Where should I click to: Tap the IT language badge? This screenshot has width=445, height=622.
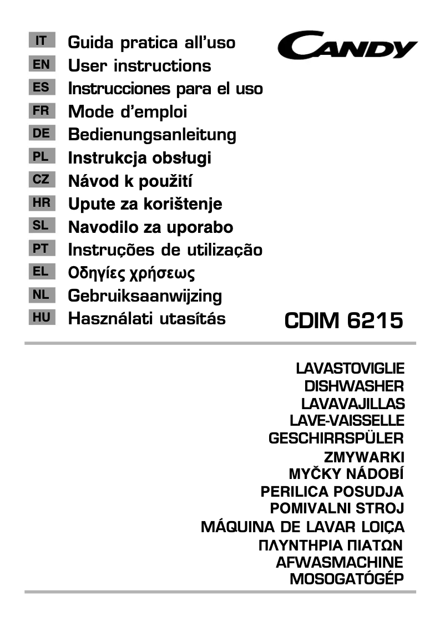pos(41,41)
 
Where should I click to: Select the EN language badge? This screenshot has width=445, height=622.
pos(41,64)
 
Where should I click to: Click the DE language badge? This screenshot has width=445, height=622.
pos(41,134)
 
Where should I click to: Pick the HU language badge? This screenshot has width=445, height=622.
pos(41,318)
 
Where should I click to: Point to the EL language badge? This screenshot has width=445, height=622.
pos(41,272)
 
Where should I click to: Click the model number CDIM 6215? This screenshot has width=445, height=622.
pos(343,320)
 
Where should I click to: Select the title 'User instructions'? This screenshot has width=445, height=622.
pos(139,65)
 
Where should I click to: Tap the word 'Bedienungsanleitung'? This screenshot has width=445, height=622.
pos(152,135)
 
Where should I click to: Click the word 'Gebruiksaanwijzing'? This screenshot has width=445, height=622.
pos(145,295)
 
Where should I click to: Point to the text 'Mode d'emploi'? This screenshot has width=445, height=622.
pos(128,111)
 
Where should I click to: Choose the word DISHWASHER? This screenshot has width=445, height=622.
pos(353,386)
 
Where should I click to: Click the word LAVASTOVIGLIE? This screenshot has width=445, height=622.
pos(350,368)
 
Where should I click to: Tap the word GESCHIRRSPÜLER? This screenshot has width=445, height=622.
pos(336,439)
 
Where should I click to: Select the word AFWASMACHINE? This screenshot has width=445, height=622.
pos(340,562)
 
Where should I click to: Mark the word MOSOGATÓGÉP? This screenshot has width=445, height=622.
pos(346,580)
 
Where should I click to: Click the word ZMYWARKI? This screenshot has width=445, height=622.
pos(363,457)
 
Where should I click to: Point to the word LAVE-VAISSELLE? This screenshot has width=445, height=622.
pos(347,421)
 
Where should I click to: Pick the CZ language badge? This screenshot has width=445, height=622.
pos(41,180)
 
